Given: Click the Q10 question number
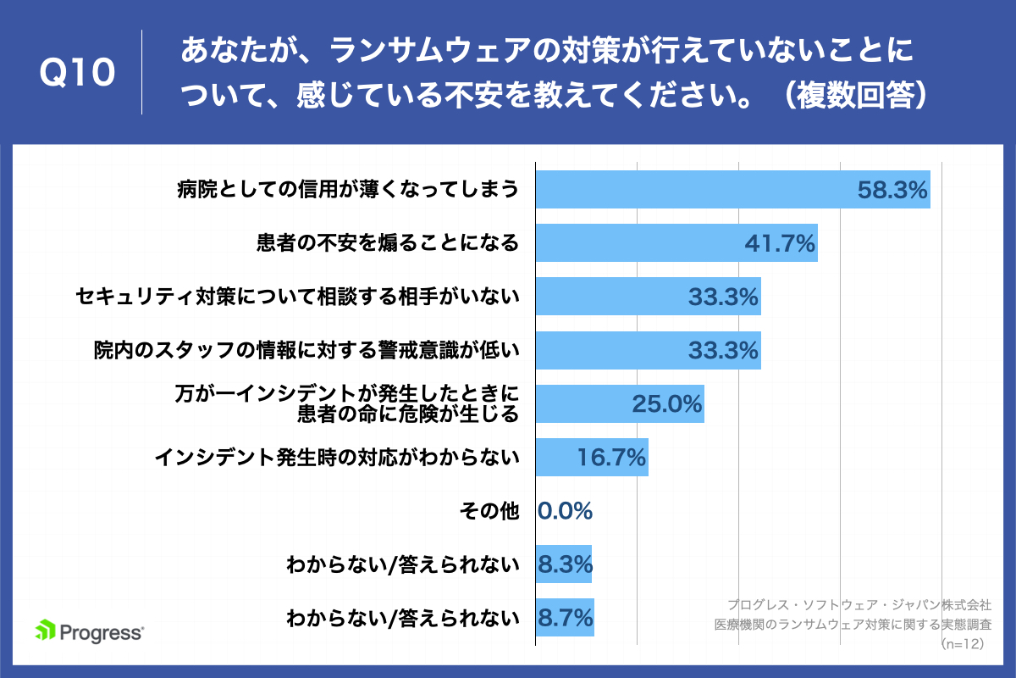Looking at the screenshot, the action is [x=78, y=73].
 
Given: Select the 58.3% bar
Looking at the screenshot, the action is [x=733, y=189].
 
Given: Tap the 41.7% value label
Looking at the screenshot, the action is [x=780, y=243].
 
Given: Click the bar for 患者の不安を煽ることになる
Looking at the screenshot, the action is [x=676, y=242].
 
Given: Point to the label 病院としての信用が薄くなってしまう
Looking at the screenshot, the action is [x=348, y=189].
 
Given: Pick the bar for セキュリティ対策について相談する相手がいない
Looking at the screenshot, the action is [x=649, y=296].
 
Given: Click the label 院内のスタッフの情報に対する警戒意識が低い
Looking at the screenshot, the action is [x=306, y=350].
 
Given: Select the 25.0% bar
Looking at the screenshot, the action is [x=620, y=403].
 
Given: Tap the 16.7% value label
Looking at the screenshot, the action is [x=611, y=458].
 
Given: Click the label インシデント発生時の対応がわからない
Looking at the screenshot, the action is [x=337, y=458].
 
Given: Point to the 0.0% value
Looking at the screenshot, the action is [x=566, y=511].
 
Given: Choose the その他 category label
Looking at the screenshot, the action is [x=489, y=511].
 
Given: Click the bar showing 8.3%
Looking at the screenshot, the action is [x=564, y=564].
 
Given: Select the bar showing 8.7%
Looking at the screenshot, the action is [x=566, y=618].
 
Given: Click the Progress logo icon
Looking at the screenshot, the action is [x=46, y=630].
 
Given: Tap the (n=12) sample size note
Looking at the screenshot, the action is [x=962, y=644].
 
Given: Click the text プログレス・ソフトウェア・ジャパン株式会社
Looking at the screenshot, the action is [x=859, y=605].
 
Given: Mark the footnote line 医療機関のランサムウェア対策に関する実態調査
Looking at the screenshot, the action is [x=853, y=625].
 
